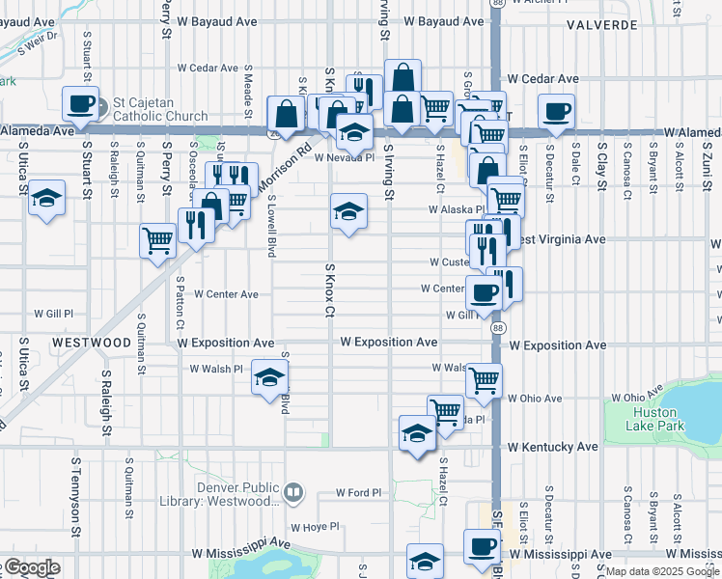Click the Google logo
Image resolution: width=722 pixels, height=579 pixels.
click(x=31, y=567)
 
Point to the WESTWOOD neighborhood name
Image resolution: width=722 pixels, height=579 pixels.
click(x=92, y=343)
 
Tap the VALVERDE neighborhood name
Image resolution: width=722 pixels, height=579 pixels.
click(x=600, y=23)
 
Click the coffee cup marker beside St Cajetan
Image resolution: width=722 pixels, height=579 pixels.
click(x=81, y=103)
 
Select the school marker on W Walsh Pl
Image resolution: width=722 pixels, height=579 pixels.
click(x=270, y=375)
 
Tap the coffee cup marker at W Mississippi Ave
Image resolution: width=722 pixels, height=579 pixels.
click(x=481, y=546)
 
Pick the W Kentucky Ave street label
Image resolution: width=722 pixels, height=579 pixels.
click(x=553, y=448)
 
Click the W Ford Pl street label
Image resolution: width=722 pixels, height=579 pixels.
click(x=359, y=493)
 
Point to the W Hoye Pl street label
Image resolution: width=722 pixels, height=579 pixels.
click(x=317, y=527)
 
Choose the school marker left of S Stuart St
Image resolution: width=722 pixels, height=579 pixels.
click(x=46, y=198)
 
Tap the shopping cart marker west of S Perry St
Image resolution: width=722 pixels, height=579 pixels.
click(x=157, y=241)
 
